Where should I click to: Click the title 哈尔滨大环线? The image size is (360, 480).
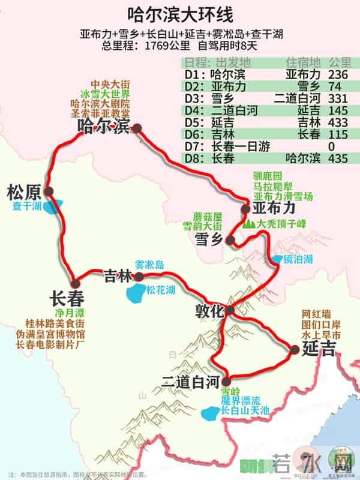coord(180,14)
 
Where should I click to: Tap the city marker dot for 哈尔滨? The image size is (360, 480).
coord(137,128)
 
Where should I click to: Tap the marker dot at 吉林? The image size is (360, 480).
coord(139,277)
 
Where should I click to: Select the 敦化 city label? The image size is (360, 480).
coord(209,311)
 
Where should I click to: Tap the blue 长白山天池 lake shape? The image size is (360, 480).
coord(211,413)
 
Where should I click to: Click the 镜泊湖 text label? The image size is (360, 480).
coord(299,260)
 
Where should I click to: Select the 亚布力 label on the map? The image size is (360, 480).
coord(274,208)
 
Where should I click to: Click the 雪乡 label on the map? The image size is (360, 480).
coord(209,239)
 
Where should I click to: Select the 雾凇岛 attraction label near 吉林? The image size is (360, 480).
coord(149,265)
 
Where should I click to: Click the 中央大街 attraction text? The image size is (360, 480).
coord(110,85)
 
